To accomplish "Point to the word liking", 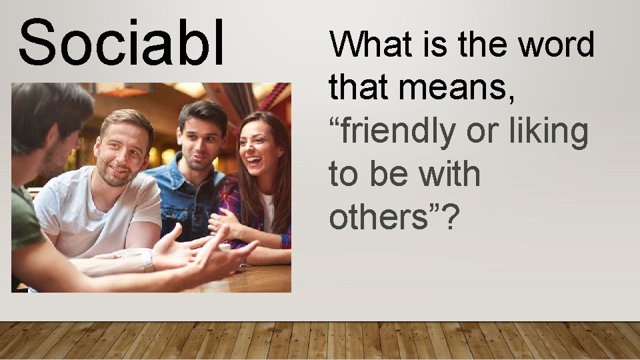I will point(548,132).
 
